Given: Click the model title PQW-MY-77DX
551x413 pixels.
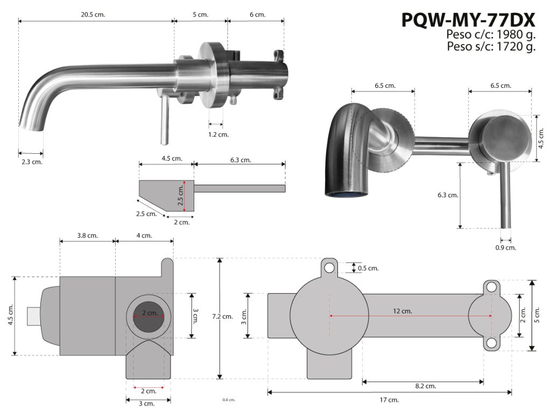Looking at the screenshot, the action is (x=468, y=20).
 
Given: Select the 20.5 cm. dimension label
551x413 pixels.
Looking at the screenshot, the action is (x=93, y=15).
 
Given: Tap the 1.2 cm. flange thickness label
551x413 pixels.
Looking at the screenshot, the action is (x=218, y=134).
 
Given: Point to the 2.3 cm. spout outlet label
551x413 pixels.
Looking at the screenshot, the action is (x=32, y=162).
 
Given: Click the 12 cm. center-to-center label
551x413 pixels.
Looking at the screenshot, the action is (x=402, y=311).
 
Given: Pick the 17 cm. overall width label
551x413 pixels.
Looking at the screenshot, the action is (x=389, y=400).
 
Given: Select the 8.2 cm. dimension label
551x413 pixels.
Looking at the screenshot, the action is (x=426, y=386).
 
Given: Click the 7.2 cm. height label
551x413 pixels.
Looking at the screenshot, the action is (x=222, y=316).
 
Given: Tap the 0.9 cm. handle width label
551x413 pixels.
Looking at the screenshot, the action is (x=506, y=247).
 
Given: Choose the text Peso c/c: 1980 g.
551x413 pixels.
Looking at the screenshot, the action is (x=491, y=34).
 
